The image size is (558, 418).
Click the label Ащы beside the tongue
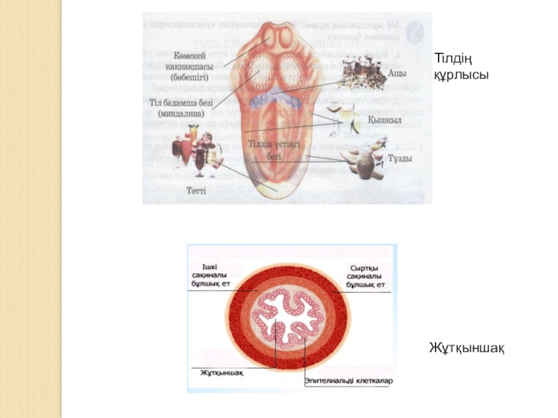[396, 71]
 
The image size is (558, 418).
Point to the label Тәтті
[196, 189]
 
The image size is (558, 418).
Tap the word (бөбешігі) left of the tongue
[190, 77]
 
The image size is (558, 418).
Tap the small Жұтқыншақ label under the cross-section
[221, 372]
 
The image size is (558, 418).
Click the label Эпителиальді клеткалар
[349, 380]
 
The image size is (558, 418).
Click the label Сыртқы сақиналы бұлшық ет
[367, 277]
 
